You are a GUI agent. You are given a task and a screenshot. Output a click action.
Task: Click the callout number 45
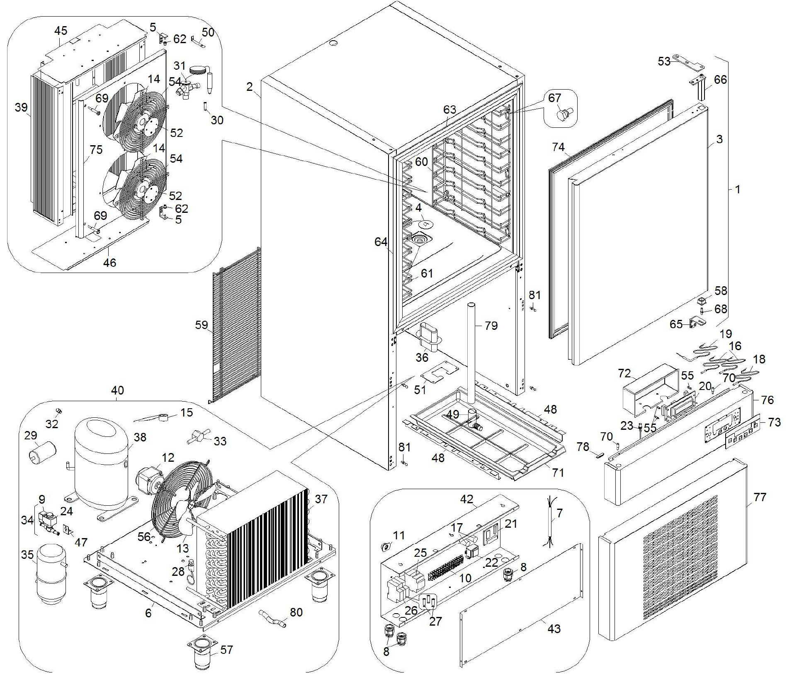click(61, 31)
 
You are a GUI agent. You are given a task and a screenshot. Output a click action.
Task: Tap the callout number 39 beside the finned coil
click(21, 107)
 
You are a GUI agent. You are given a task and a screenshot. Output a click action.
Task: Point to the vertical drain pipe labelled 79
click(472, 353)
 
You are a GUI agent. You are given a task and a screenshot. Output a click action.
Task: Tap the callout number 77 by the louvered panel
click(760, 497)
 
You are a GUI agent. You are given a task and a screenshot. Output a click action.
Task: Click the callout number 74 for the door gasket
click(559, 147)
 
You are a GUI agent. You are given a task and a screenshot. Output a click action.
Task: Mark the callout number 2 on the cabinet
click(249, 87)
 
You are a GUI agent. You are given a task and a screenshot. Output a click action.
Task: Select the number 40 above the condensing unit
click(117, 390)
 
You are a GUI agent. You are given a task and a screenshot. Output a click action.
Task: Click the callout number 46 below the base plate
click(109, 263)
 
